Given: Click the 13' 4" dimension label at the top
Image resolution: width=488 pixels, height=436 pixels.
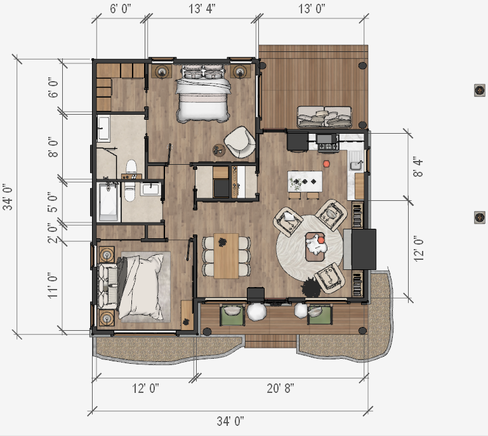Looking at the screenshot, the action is pyautogui.click(x=202, y=9).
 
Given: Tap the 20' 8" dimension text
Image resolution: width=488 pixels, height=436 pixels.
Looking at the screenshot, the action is pyautogui.click(x=280, y=388).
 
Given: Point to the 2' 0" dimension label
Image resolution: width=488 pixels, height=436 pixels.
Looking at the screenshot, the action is pyautogui.click(x=53, y=233).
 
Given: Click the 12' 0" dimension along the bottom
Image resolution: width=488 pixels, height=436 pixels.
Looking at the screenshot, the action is pyautogui.click(x=145, y=388).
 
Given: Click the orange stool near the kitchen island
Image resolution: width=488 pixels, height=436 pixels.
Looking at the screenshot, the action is pyautogui.click(x=326, y=163).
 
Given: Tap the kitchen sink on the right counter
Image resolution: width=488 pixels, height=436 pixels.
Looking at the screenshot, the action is pyautogui.click(x=355, y=164).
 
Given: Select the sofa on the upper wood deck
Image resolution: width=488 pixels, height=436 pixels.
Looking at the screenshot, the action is pyautogui.click(x=324, y=117).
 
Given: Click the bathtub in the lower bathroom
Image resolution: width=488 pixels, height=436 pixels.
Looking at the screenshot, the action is pyautogui.click(x=109, y=202).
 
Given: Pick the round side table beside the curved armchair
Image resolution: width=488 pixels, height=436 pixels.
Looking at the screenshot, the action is pyautogui.click(x=218, y=150).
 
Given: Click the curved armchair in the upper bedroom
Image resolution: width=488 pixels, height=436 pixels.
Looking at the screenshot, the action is pyautogui.click(x=240, y=142).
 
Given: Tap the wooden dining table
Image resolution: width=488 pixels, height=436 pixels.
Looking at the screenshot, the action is pyautogui.click(x=227, y=256).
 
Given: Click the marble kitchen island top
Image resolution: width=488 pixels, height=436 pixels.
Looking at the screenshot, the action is pyautogui.click(x=305, y=181).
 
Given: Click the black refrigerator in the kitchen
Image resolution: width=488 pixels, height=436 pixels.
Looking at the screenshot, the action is pyautogui.click(x=298, y=142).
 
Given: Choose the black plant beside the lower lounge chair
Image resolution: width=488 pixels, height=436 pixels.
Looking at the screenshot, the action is pyautogui.click(x=311, y=288).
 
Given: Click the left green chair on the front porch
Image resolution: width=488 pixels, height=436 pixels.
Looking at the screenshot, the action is pyautogui.click(x=232, y=315).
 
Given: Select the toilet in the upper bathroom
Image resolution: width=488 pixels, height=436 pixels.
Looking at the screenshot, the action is pyautogui.click(x=131, y=167).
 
